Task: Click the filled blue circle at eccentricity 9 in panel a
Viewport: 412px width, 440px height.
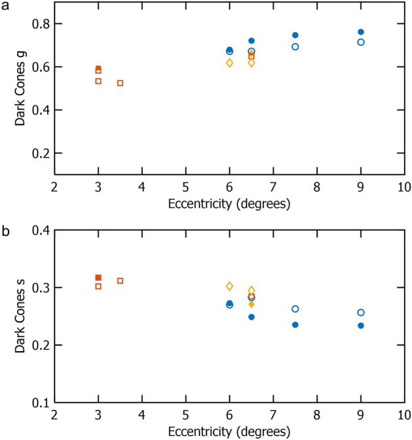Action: tap(361, 32)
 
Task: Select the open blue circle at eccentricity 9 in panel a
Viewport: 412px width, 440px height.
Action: tap(361, 42)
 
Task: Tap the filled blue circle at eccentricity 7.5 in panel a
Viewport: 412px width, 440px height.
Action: tap(295, 35)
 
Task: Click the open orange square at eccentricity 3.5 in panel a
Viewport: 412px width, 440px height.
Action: tap(121, 83)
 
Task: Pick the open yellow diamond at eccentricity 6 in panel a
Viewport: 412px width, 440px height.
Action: tap(230, 63)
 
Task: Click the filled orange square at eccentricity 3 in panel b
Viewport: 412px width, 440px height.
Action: tap(98, 278)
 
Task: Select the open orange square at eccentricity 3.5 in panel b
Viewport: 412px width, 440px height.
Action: tap(121, 280)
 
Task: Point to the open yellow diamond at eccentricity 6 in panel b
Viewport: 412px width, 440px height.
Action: tap(230, 286)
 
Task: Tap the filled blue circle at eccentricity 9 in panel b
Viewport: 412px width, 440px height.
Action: tap(361, 326)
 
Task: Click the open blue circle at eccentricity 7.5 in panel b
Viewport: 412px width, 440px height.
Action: tap(295, 309)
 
